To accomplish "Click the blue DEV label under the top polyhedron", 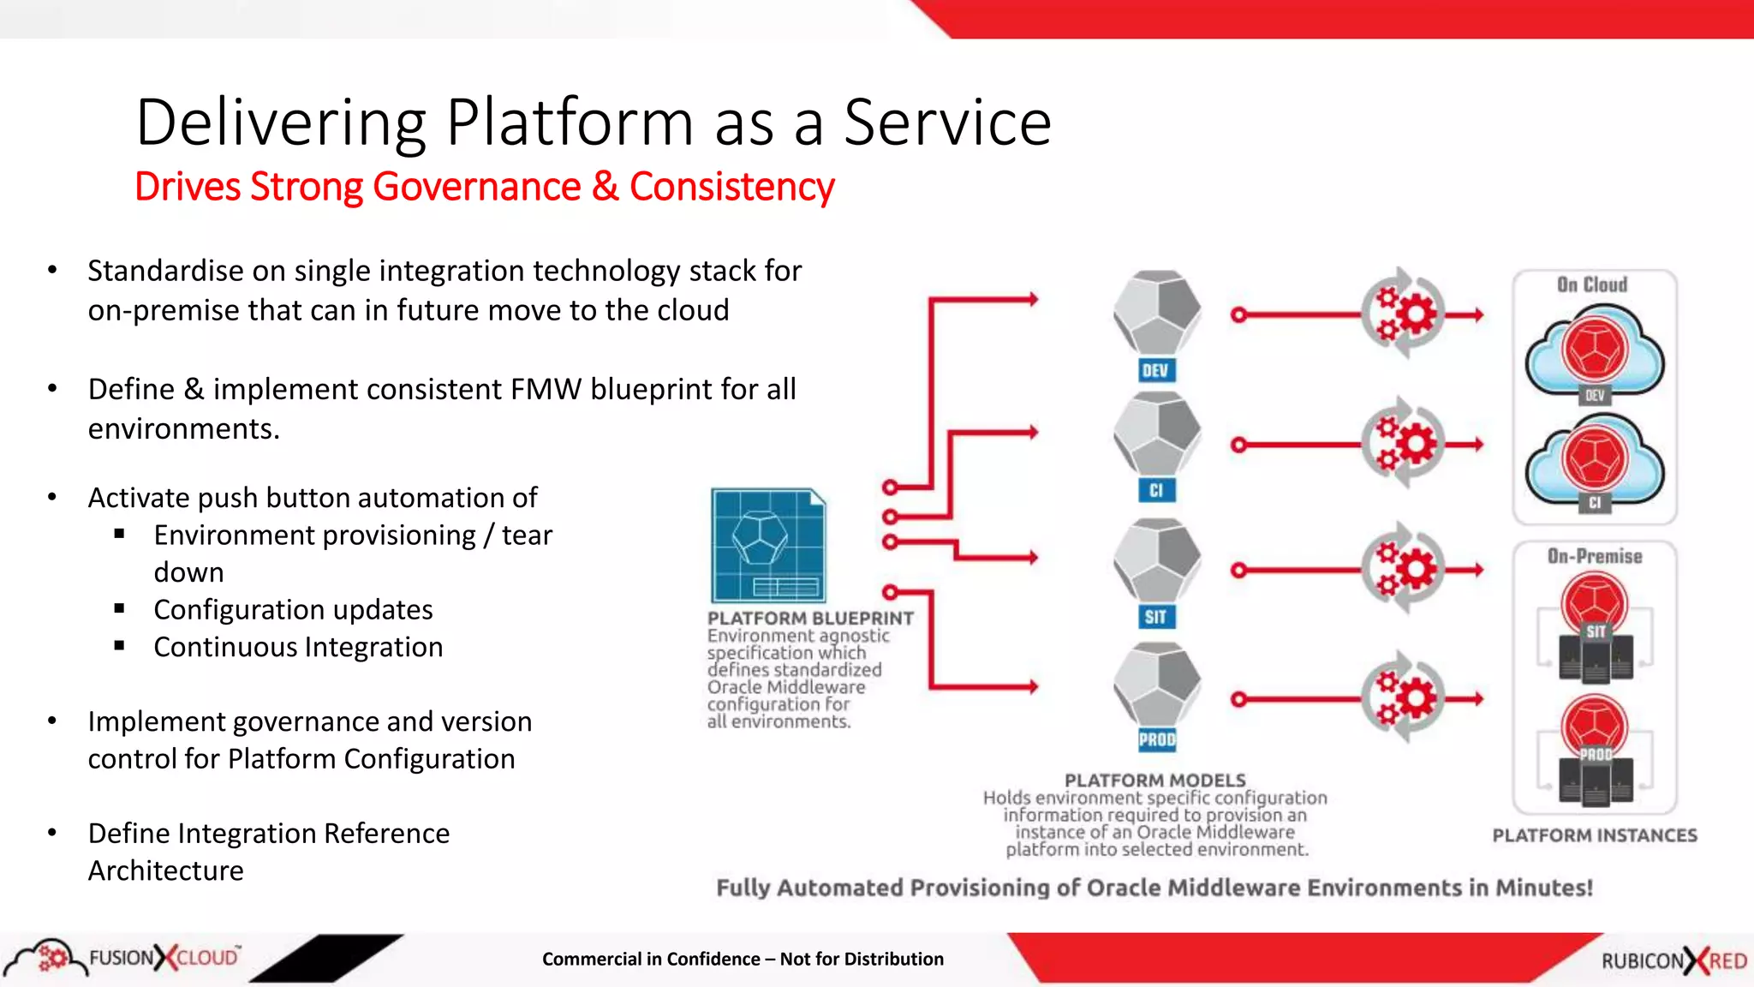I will pyautogui.click(x=1155, y=371).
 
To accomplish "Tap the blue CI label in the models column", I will pyautogui.click(x=1156, y=490).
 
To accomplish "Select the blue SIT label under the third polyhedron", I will pyautogui.click(x=1155, y=617).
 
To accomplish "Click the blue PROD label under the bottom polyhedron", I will pyautogui.click(x=1157, y=739).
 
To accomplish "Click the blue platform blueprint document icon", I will pyautogui.click(x=768, y=546).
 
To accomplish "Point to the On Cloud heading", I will pyautogui.click(x=1592, y=284).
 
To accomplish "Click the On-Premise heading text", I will pyautogui.click(x=1595, y=556).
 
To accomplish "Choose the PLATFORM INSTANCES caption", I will pyautogui.click(x=1595, y=835).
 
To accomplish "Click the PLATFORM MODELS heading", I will pyautogui.click(x=1154, y=781).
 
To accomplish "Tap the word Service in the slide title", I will pyautogui.click(x=947, y=123).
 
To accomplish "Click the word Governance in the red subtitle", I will pyautogui.click(x=476, y=187).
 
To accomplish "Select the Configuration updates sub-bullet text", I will pyautogui.click(x=293, y=609).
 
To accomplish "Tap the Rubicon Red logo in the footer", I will pyautogui.click(x=1673, y=960).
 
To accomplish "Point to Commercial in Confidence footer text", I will pyautogui.click(x=743, y=959).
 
